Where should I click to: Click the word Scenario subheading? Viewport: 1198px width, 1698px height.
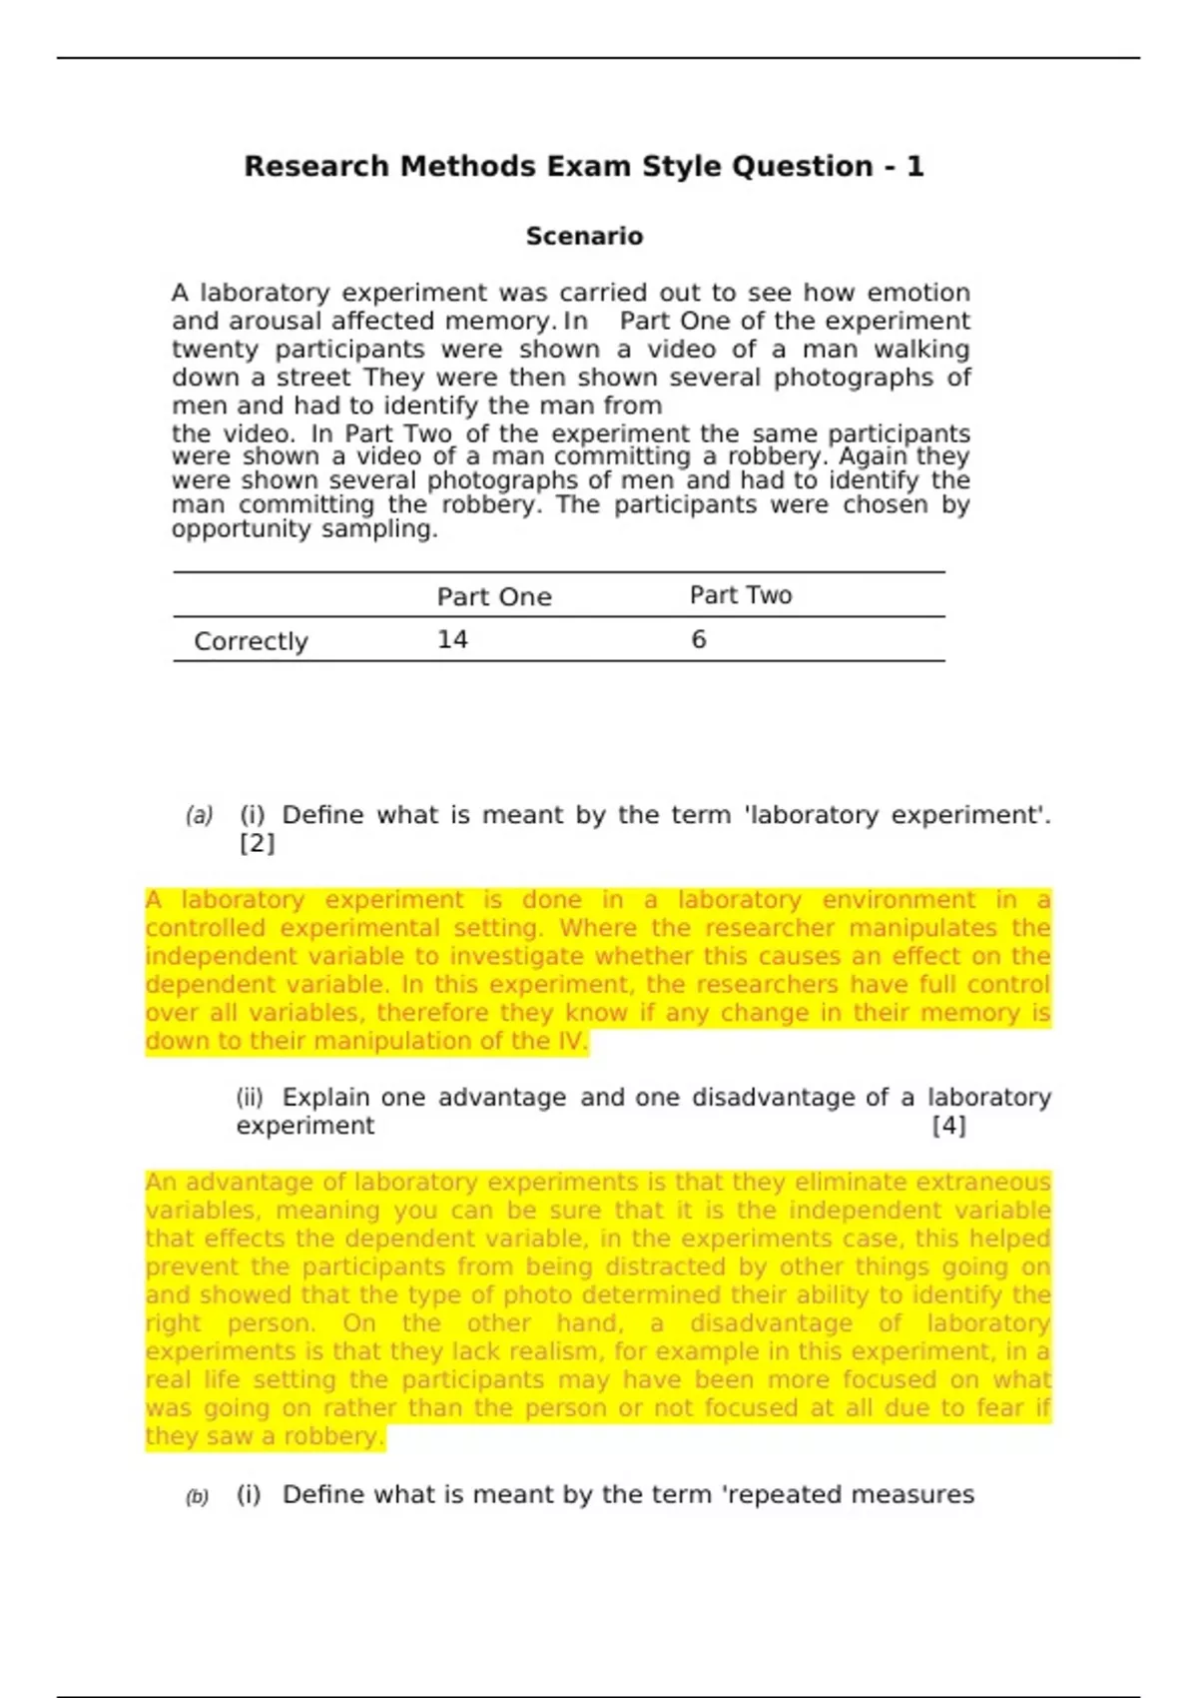(x=584, y=237)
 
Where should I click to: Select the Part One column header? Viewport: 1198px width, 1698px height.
(x=494, y=596)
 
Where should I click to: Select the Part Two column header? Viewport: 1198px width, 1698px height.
(x=741, y=595)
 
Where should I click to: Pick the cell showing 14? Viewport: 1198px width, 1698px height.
(x=452, y=639)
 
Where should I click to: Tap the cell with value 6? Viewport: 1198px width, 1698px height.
(x=699, y=639)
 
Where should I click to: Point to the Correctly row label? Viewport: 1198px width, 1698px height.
(x=251, y=641)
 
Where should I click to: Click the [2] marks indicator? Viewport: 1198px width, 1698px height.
(x=257, y=843)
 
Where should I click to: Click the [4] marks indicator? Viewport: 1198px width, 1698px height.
(x=948, y=1126)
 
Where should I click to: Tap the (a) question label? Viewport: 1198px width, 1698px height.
(x=199, y=816)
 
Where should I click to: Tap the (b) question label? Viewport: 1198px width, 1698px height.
(x=197, y=1496)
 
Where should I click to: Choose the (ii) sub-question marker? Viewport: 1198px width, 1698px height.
(x=250, y=1098)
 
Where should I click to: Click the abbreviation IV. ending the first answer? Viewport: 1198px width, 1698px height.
(x=572, y=1041)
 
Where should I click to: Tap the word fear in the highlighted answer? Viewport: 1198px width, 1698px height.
(x=1004, y=1408)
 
